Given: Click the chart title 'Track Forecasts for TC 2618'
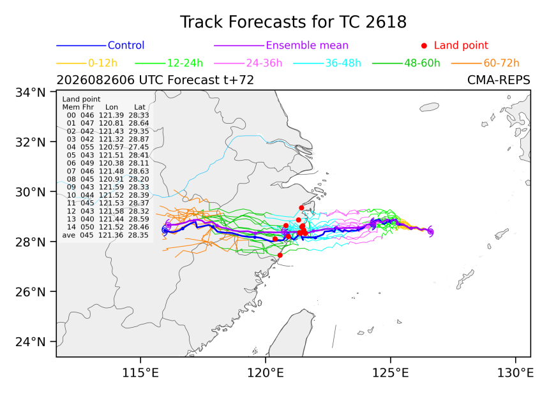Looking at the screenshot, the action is tap(293, 22).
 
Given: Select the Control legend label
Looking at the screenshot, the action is tap(126, 45).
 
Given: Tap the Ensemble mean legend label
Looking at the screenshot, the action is tap(307, 45).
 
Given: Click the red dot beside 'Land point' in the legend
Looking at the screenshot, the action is tap(424, 45).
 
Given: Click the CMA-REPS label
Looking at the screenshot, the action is tap(499, 80).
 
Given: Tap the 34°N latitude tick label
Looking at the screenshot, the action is tap(31, 92).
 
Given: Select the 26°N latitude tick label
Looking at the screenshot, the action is tap(31, 291).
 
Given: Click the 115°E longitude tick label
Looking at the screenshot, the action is tap(140, 373).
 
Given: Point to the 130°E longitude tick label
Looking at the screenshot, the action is tap(515, 373).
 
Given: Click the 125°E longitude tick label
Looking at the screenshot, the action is tap(391, 373).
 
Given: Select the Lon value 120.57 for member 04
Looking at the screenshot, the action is tap(111, 147).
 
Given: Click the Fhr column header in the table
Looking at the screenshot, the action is tap(88, 107).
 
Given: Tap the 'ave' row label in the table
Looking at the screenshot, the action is tap(69, 235).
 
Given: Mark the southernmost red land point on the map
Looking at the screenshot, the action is tap(280, 255).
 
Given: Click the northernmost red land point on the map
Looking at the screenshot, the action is tap(301, 208).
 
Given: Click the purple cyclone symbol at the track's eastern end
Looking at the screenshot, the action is tap(430, 231).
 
